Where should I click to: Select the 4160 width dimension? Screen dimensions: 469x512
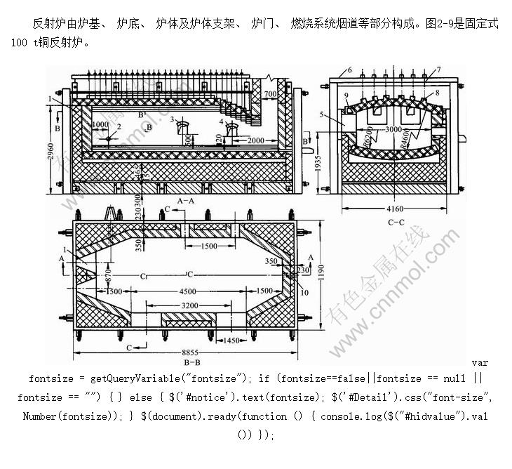397,209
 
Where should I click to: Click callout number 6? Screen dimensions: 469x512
349,71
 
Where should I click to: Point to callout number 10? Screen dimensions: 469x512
304,292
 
